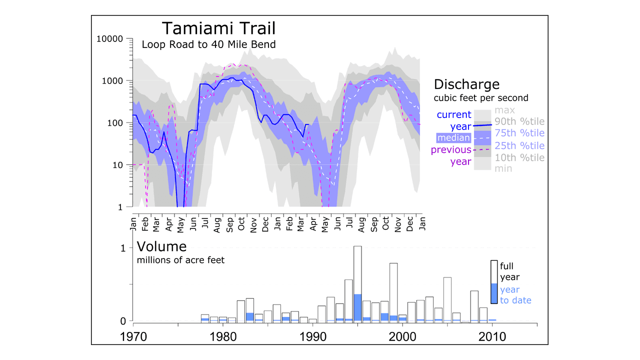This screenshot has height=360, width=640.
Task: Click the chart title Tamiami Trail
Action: pos(218,28)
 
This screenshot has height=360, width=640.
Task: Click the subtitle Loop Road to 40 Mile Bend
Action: pos(208,44)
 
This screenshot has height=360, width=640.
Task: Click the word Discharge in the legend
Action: pos(466,84)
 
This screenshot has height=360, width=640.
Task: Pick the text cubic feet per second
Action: pos(481,98)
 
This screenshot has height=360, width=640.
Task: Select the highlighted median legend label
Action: pos(453,138)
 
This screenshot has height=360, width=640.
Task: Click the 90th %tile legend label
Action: pos(519,121)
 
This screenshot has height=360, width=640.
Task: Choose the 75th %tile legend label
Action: pos(519,133)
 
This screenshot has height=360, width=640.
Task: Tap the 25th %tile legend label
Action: pos(519,146)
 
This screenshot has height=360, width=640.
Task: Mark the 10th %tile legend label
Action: pos(519,158)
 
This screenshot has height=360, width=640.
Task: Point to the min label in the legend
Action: pos(503,169)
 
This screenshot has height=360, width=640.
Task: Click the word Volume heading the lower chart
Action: pos(161,246)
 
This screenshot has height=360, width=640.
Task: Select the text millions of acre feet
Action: pos(180,260)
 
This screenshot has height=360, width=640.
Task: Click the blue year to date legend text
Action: pos(515,295)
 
